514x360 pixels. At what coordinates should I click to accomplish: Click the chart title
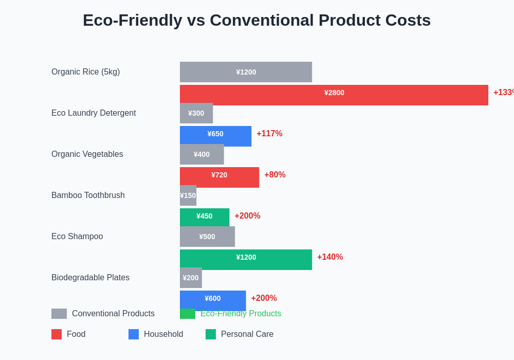256,21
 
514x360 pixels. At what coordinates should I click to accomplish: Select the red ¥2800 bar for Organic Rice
334,95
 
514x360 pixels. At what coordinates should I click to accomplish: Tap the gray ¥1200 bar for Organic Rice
246,72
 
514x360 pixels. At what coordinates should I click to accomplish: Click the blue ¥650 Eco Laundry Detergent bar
215,136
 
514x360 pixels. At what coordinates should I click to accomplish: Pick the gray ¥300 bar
196,113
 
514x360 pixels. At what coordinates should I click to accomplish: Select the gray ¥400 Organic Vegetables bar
201,154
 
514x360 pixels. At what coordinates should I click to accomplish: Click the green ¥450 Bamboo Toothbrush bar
204,217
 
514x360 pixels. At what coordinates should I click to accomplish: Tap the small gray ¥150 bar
188,195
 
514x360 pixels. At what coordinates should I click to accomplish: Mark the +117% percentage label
269,134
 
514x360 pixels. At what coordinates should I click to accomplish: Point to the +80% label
274,175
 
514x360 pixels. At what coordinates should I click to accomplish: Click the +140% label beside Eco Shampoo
329,257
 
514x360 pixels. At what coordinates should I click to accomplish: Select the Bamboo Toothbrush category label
88,195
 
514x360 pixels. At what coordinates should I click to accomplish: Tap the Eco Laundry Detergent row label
94,113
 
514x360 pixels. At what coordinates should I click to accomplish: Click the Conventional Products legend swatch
59,314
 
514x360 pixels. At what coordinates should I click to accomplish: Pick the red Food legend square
57,334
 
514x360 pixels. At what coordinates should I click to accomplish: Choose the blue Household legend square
134,334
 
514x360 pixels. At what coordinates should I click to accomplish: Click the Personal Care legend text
247,334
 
